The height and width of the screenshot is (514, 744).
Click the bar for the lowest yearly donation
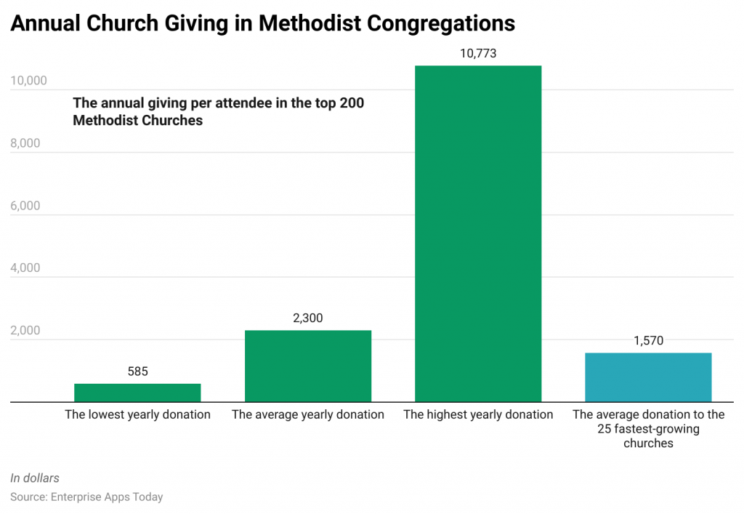137,393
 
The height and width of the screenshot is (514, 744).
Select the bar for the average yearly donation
307,366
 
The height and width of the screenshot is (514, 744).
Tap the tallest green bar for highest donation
477,233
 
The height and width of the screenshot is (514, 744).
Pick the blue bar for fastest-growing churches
648,377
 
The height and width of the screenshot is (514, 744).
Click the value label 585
137,372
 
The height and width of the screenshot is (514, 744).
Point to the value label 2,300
307,318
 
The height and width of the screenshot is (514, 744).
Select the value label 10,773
477,53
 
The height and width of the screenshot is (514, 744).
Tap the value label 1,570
648,340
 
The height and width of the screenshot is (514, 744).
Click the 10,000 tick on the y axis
28,81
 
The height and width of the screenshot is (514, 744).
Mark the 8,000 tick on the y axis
25,143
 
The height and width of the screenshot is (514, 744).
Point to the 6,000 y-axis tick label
25,206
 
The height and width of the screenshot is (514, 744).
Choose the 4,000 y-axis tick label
25,268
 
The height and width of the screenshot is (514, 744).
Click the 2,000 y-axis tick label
25,330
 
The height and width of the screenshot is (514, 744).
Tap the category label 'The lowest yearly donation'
137,414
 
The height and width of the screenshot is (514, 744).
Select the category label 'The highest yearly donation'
477,414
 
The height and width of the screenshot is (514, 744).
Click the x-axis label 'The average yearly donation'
307,414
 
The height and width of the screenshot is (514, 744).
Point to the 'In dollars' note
35,478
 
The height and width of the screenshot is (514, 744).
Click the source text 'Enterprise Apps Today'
106,497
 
